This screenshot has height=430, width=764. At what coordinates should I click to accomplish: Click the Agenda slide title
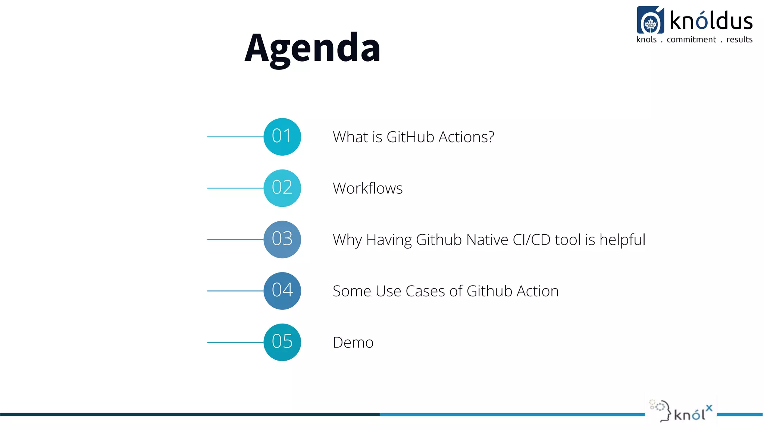point(313,48)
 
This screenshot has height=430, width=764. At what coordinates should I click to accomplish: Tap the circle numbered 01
point(282,137)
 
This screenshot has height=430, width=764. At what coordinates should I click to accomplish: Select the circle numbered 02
point(282,188)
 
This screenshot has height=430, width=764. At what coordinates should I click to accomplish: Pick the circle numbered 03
point(282,239)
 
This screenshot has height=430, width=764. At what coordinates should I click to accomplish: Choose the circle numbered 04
point(282,291)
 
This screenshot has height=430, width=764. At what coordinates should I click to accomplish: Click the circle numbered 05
point(282,342)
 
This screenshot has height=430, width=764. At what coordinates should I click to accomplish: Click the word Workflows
point(367,188)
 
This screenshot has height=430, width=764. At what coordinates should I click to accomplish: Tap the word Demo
point(353,343)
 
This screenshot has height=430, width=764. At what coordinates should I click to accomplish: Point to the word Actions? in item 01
point(466,137)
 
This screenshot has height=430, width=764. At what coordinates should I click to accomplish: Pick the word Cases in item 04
point(425,292)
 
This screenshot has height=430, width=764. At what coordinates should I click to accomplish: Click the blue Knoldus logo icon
point(650,20)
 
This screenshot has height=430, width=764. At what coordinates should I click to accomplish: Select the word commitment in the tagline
point(691,40)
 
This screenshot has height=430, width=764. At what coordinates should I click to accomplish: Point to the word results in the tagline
point(739,40)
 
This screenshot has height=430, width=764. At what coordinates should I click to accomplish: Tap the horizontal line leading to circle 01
point(235,137)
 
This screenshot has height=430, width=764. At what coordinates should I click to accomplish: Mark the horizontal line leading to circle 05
point(235,342)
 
